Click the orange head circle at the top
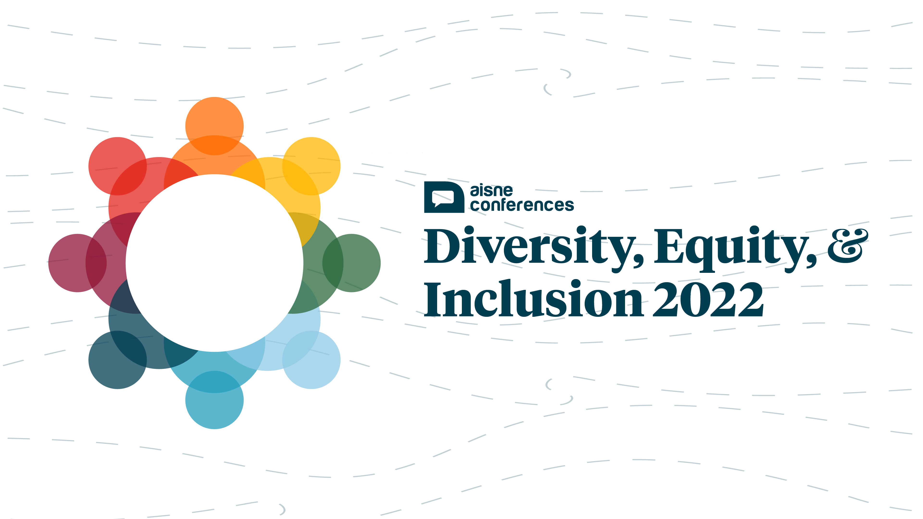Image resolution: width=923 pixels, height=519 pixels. tap(214, 126)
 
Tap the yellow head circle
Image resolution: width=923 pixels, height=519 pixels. tap(311, 166)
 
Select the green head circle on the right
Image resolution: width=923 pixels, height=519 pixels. tap(352, 263)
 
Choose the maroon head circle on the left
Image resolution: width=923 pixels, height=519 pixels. tap(77, 263)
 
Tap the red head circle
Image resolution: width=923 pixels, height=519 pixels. tap(118, 166)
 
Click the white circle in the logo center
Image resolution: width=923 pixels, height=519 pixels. tap(214, 263)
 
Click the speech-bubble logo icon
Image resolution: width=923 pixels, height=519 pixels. tap(444, 197)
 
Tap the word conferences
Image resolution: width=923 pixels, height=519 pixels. tap(522, 205)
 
